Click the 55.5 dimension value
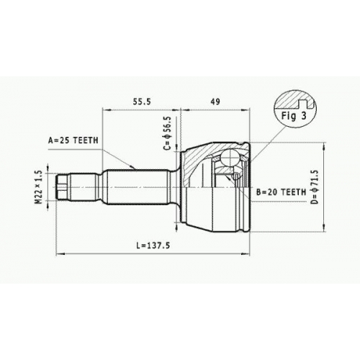(x=142, y=102)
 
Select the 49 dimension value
(x=215, y=102)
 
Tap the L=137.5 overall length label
(x=153, y=246)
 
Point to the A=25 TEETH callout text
(x=73, y=140)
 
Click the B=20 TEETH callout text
(x=282, y=192)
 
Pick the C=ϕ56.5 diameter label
(x=168, y=133)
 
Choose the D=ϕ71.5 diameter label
(x=315, y=187)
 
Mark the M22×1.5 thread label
(x=38, y=187)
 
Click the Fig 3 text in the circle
(x=294, y=116)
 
